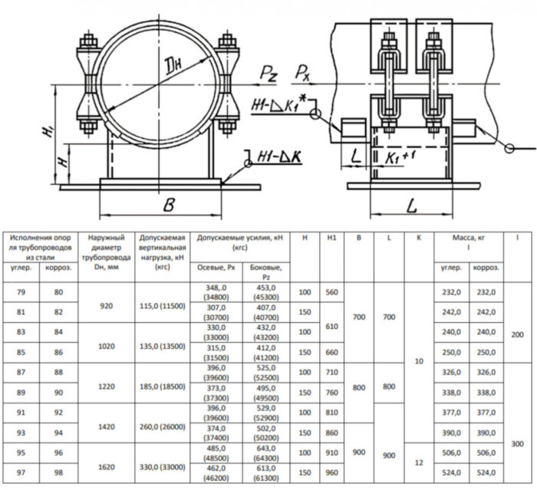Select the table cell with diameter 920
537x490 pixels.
coord(107,305)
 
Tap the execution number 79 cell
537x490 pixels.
coord(21,292)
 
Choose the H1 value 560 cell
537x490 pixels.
coord(332,292)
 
